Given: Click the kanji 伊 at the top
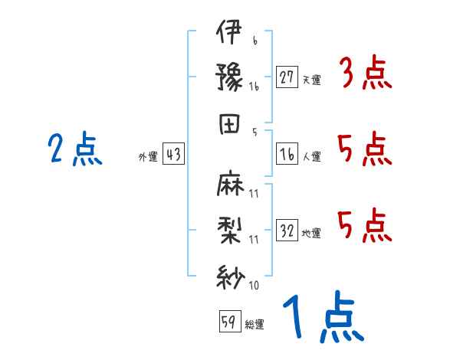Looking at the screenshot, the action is (229, 34).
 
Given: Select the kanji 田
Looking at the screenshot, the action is (229, 123).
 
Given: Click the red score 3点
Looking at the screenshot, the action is (365, 75).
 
